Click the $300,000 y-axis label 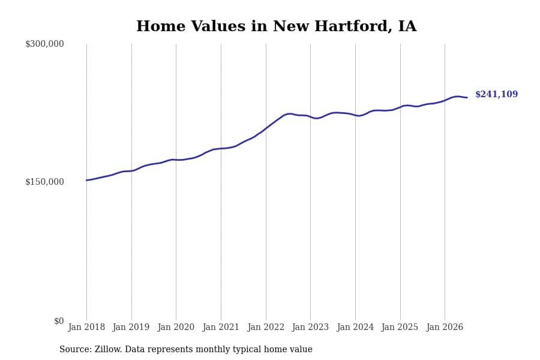(x=44, y=44)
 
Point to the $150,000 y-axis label (x=44, y=182)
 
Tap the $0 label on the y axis (x=59, y=321)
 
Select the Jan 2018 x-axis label (x=86, y=327)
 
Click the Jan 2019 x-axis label (x=131, y=327)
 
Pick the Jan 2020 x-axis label (x=176, y=327)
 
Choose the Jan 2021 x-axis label (x=220, y=327)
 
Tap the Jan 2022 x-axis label (x=266, y=327)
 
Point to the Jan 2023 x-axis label (x=310, y=327)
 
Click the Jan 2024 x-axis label (x=355, y=327)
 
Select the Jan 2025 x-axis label (x=400, y=327)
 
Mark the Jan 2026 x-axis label (x=445, y=327)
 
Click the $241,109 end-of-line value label (x=497, y=94)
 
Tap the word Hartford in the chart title (x=353, y=26)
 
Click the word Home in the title (x=161, y=26)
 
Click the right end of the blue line (x=467, y=97)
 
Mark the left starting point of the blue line (x=86, y=180)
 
